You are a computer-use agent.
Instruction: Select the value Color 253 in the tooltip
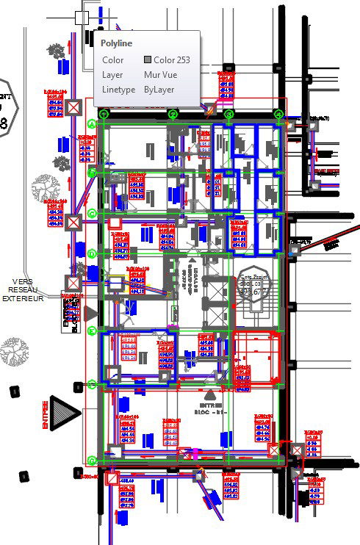point(172,59)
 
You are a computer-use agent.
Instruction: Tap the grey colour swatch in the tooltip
point(148,59)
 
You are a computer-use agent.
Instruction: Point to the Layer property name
point(112,74)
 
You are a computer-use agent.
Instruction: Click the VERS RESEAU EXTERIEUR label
point(22,290)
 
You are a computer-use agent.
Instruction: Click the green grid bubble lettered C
point(93,213)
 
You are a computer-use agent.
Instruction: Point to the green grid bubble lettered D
point(93,253)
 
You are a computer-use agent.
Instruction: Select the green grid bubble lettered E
point(93,331)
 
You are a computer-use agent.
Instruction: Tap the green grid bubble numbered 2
point(173,114)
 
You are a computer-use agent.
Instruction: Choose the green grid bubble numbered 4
point(278,114)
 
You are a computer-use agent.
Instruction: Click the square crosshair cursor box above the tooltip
point(82,17)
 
